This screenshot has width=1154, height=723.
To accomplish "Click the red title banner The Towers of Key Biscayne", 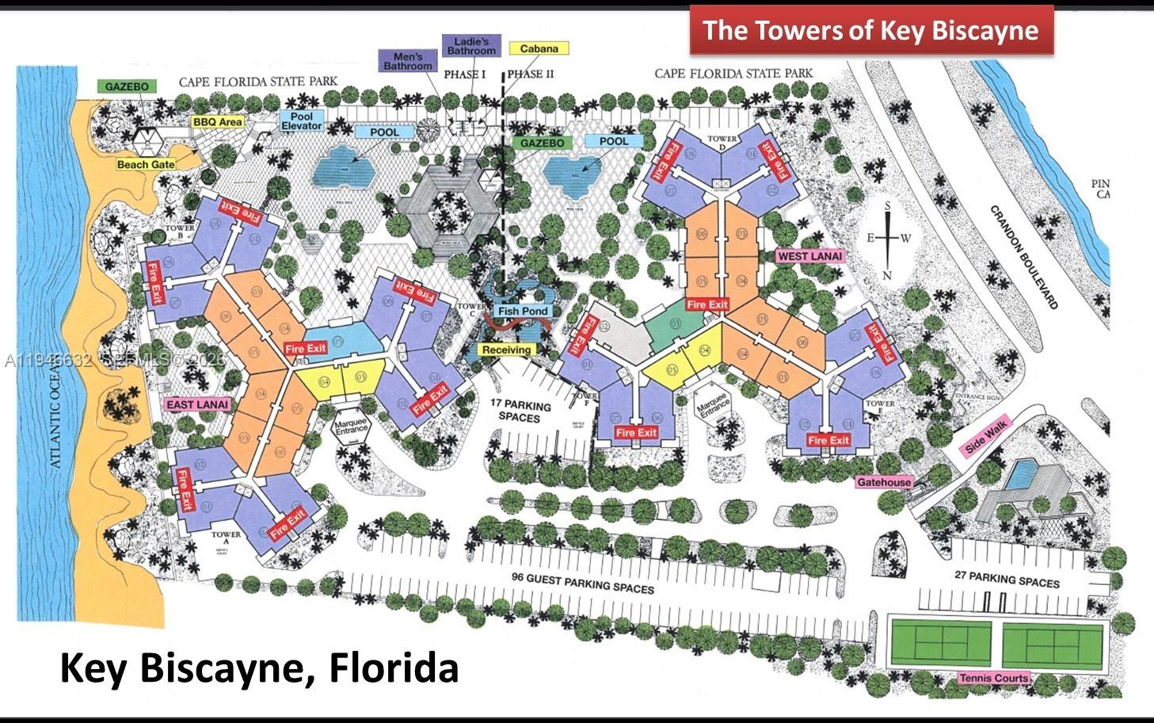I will [x=871, y=30].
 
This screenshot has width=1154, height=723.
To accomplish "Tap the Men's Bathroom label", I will [x=408, y=61].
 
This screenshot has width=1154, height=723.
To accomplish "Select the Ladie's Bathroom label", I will [x=471, y=46].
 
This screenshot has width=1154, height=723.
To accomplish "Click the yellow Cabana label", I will [x=539, y=48].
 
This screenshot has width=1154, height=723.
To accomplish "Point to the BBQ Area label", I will [x=217, y=122].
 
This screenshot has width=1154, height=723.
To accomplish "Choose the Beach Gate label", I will [x=146, y=164].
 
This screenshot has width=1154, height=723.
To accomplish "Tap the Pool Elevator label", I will [x=302, y=121].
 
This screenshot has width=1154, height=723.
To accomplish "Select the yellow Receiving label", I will [x=506, y=350].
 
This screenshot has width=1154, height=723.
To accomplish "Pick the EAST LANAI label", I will [x=198, y=404].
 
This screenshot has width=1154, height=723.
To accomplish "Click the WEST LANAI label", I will [x=809, y=256].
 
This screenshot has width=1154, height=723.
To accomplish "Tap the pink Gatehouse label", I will [x=885, y=482].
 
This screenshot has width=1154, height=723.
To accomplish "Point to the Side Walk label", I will [x=986, y=437].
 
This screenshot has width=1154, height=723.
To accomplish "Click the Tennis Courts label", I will [x=994, y=678].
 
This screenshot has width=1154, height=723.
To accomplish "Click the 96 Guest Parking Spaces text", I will [x=583, y=583].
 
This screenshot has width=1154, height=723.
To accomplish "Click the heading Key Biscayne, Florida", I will [x=259, y=668].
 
